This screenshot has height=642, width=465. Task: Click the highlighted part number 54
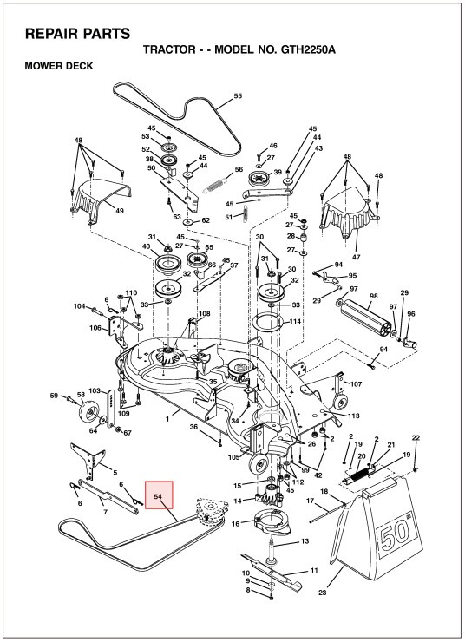(x=159, y=496)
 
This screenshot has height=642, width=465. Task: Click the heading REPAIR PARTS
(x=77, y=34)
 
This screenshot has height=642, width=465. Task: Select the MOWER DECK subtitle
(x=59, y=67)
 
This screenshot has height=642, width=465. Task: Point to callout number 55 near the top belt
(x=238, y=95)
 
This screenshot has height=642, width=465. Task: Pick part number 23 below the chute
(x=324, y=593)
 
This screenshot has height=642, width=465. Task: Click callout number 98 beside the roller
(x=374, y=296)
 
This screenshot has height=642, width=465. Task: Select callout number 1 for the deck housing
(x=167, y=419)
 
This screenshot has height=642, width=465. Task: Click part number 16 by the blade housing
(x=234, y=524)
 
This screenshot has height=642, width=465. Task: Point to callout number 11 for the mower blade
(x=314, y=570)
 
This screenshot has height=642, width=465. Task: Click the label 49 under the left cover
(x=119, y=211)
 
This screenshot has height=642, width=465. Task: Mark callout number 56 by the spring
(x=239, y=170)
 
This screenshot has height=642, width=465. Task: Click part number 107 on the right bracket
(x=356, y=384)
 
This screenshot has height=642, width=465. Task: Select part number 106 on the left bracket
(x=95, y=327)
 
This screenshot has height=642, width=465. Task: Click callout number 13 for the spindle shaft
(x=305, y=540)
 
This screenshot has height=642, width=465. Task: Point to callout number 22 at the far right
(x=416, y=438)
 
